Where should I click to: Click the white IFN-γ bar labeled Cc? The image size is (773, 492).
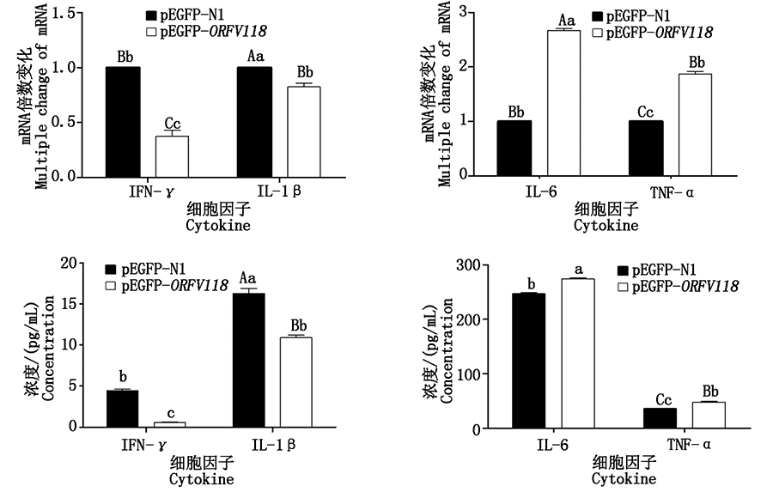172,156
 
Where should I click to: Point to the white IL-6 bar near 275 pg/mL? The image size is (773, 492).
578,353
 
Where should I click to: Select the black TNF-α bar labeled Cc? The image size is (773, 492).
660,417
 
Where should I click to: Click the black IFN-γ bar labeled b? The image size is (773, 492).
122,409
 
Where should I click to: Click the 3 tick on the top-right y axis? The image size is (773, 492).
463,11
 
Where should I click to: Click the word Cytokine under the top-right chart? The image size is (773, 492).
606,227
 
